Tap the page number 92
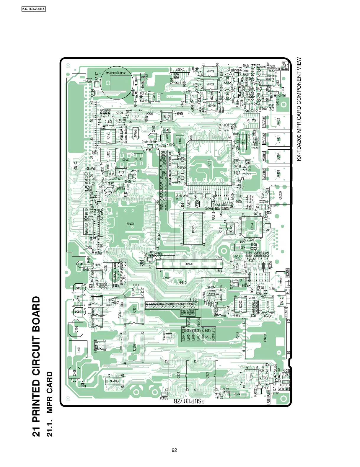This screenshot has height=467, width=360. (x=175, y=450)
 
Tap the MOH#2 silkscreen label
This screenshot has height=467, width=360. (x=264, y=174)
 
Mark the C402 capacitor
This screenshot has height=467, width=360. (x=76, y=329)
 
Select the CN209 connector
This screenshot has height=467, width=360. (x=280, y=195)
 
